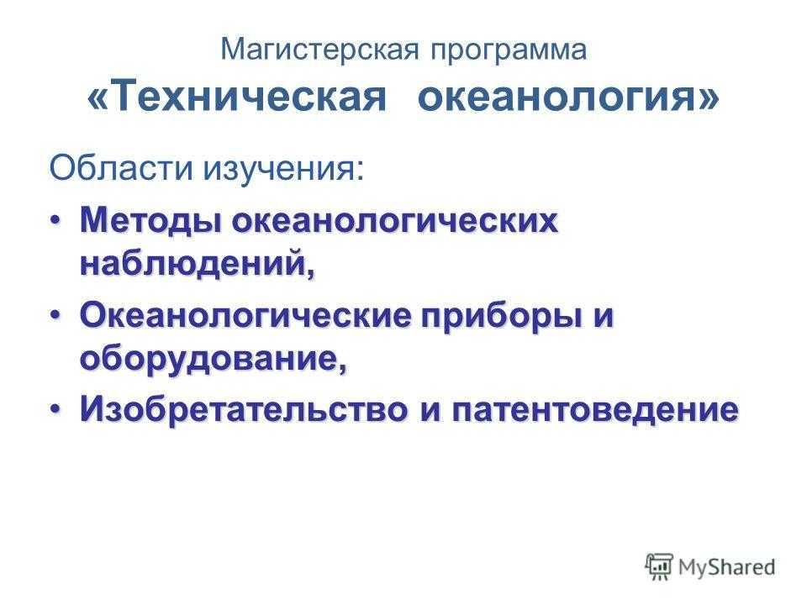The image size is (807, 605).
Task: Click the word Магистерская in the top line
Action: point(320,50)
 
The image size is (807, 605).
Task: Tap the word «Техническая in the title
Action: point(236,96)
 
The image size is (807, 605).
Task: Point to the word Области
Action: point(121,168)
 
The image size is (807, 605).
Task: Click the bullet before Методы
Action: point(56,220)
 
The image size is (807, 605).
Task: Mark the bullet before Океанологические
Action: point(56,314)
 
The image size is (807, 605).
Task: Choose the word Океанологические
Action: point(246,316)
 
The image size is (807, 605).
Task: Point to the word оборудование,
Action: point(214,360)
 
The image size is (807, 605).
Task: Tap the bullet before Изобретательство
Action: point(56,409)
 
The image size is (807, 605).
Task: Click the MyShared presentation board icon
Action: point(659,566)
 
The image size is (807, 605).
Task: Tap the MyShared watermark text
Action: point(726,567)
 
